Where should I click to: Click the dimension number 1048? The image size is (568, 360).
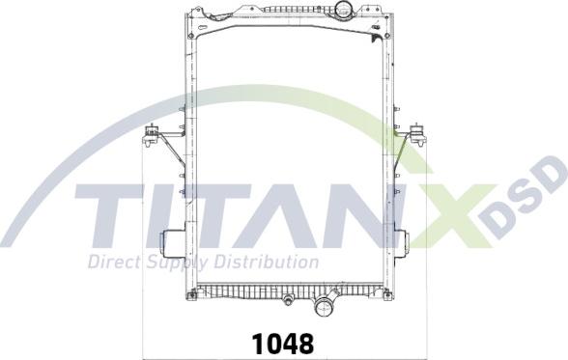(282, 344)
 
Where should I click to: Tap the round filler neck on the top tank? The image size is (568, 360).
(342, 8)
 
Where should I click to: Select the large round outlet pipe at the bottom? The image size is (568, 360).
(323, 307)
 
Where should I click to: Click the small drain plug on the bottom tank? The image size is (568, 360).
(288, 300)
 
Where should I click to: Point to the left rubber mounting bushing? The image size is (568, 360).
(152, 135)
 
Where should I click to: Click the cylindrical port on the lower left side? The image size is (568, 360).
(172, 243)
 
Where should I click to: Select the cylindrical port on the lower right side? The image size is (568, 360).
(402, 243)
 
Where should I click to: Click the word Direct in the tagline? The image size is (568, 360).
(114, 262)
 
